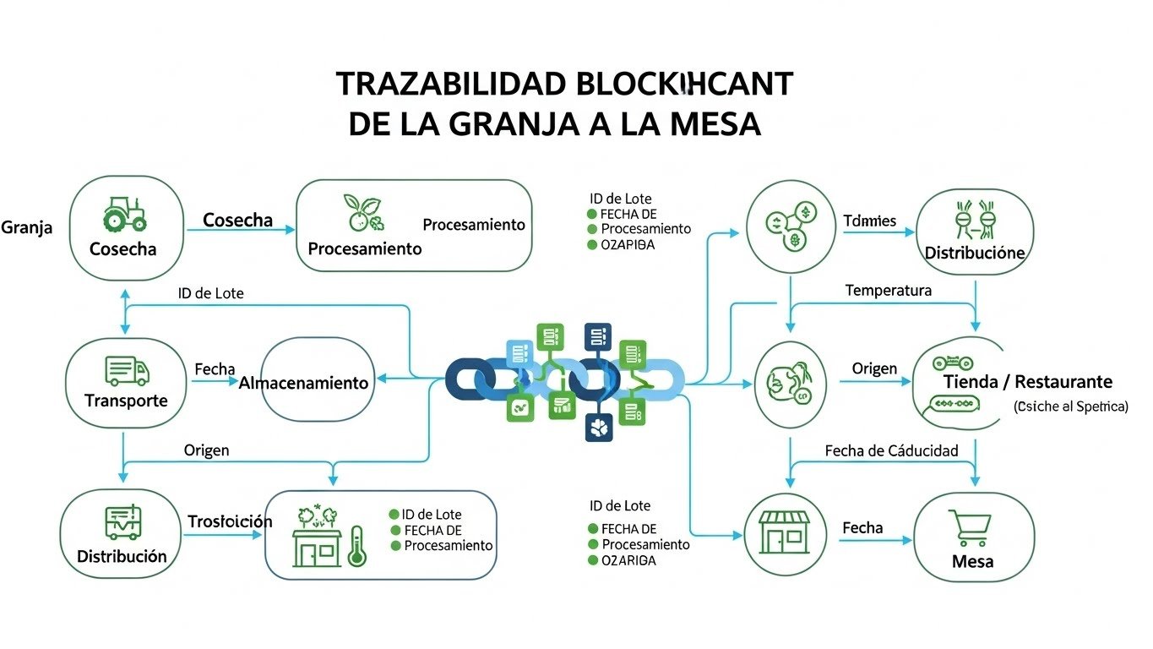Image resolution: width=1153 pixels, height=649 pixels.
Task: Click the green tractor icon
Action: [124, 215]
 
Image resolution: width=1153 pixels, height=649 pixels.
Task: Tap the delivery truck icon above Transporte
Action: [127, 370]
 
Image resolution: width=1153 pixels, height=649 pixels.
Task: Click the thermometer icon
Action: [356, 545]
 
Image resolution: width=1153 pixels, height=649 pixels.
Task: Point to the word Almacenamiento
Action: [304, 383]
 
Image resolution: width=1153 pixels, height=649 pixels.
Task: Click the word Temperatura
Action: [888, 291]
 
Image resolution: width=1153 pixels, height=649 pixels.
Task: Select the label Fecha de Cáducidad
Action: [891, 450]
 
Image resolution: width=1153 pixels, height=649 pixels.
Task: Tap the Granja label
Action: [26, 227]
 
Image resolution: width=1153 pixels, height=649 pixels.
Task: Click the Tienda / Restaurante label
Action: [1027, 382]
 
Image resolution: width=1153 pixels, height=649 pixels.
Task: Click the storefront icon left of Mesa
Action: [785, 532]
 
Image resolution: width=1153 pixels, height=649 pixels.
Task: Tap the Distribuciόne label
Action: [974, 253]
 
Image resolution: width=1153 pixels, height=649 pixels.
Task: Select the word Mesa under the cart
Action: [972, 562]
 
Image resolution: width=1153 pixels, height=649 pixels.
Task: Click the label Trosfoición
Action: [230, 521]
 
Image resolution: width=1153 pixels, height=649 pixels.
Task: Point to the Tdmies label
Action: [869, 221]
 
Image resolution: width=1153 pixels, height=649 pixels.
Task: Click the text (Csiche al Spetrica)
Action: [1070, 406]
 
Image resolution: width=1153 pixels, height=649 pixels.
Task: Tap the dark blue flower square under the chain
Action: [599, 428]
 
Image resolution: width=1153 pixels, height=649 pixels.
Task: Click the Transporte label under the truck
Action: [126, 401]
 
